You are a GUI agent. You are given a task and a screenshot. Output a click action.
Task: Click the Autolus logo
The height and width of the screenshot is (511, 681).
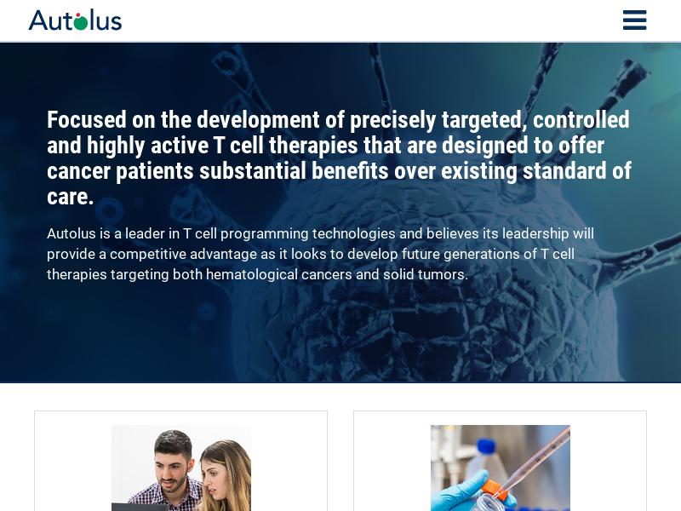75,20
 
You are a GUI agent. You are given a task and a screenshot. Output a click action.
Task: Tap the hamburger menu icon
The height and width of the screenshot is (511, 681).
634,20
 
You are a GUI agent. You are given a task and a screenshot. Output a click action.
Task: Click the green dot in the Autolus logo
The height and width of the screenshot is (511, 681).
80,23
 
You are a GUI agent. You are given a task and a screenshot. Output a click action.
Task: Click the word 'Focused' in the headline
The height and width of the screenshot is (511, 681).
87,119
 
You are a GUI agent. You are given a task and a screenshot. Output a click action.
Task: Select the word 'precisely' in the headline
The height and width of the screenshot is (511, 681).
392,120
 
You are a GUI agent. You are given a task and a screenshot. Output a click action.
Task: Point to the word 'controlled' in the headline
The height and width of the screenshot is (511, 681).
581,119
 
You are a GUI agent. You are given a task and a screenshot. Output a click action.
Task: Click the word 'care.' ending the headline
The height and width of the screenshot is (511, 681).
70,197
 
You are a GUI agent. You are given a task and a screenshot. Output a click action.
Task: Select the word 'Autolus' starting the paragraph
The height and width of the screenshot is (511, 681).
72,233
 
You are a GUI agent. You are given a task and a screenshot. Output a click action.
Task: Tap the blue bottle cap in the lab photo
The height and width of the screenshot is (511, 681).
486,449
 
